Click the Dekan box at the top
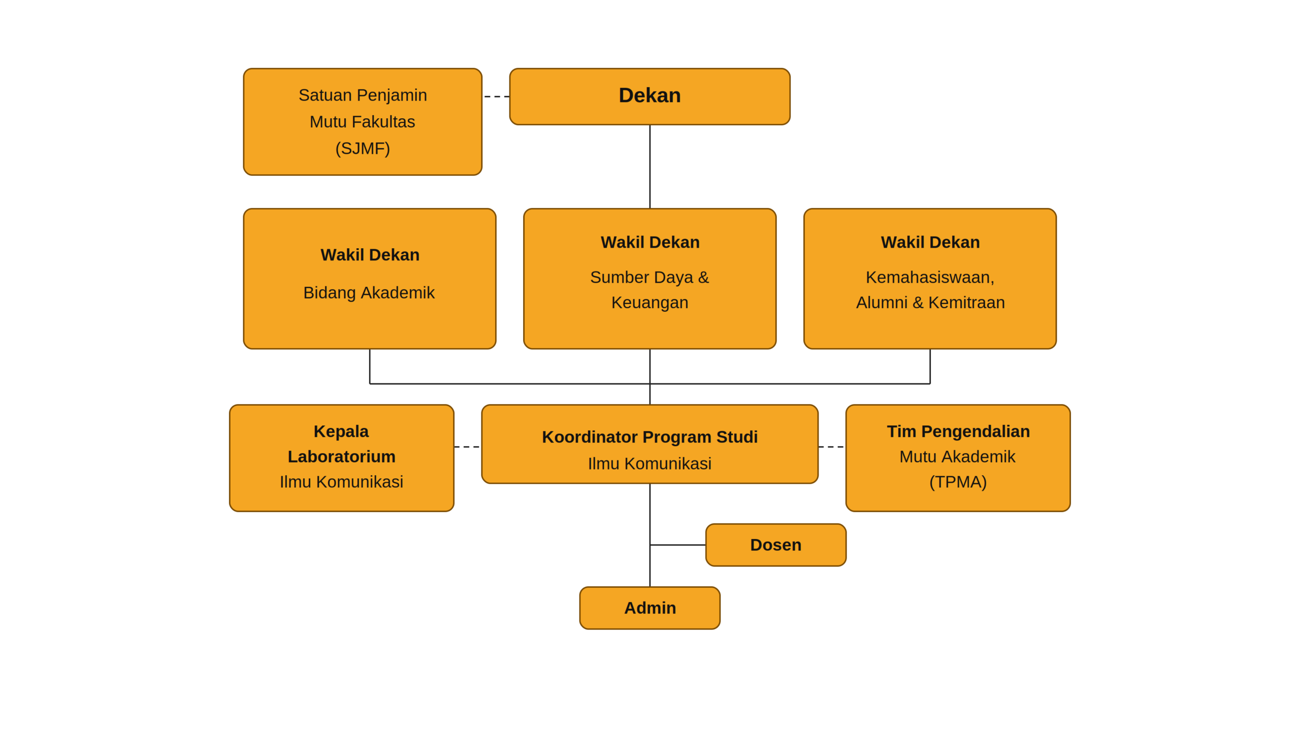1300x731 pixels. pyautogui.click(x=649, y=96)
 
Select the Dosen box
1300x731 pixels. pyautogui.click(x=775, y=545)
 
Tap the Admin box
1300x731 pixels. pyautogui.click(x=649, y=608)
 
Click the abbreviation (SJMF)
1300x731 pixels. pyautogui.click(x=363, y=148)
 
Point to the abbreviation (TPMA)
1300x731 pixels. pyautogui.click(x=958, y=482)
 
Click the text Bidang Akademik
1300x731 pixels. pyautogui.click(x=369, y=292)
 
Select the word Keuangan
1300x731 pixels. pyautogui.click(x=649, y=303)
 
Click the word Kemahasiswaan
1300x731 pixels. pyautogui.click(x=929, y=277)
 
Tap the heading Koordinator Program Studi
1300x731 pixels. pyautogui.click(x=649, y=437)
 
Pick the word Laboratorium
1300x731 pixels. pyautogui.click(x=341, y=456)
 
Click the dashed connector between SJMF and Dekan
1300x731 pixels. pyautogui.click(x=496, y=96)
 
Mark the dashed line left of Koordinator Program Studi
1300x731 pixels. pyautogui.click(x=468, y=447)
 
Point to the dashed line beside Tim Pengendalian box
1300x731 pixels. pyautogui.click(x=832, y=447)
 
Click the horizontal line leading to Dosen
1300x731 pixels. pyautogui.click(x=678, y=545)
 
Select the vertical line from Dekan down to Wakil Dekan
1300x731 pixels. pyautogui.click(x=649, y=167)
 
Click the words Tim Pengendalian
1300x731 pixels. pyautogui.click(x=958, y=431)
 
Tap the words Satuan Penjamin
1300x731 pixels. pyautogui.click(x=363, y=95)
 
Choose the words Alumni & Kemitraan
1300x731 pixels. pyautogui.click(x=930, y=303)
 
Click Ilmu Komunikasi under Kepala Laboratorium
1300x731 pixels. pyautogui.click(x=341, y=482)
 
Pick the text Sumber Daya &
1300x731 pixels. pyautogui.click(x=649, y=277)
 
